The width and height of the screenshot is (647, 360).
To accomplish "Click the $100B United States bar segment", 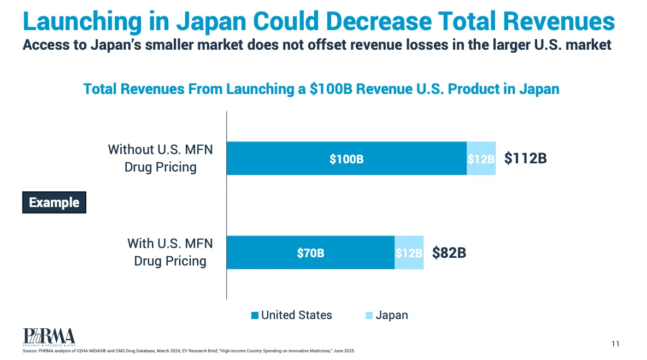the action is tap(346, 158).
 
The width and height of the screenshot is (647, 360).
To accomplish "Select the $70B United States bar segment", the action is tap(311, 252).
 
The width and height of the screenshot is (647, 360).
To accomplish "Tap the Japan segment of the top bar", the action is tap(481, 158).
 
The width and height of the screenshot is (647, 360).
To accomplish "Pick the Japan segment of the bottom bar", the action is tap(409, 252).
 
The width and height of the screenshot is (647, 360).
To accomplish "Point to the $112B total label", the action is tap(525, 158).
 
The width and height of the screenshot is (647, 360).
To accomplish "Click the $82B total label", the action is tap(449, 253).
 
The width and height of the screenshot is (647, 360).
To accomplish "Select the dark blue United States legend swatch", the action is tap(255, 315).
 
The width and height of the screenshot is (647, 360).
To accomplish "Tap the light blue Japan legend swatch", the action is tap(369, 315).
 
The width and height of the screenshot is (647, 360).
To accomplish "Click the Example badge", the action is tap(54, 203).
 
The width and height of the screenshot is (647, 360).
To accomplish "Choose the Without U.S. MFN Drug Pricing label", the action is tap(161, 158).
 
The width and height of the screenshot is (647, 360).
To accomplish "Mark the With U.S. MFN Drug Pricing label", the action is tap(170, 252).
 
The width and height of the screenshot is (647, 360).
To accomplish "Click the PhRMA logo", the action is tap(49, 337).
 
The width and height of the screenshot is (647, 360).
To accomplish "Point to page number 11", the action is tap(616, 344).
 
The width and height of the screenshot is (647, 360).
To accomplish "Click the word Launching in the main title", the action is tap(82, 21).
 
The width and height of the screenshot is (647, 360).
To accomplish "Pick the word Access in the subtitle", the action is tap(46, 45).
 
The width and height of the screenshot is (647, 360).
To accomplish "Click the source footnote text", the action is tap(189, 351).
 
